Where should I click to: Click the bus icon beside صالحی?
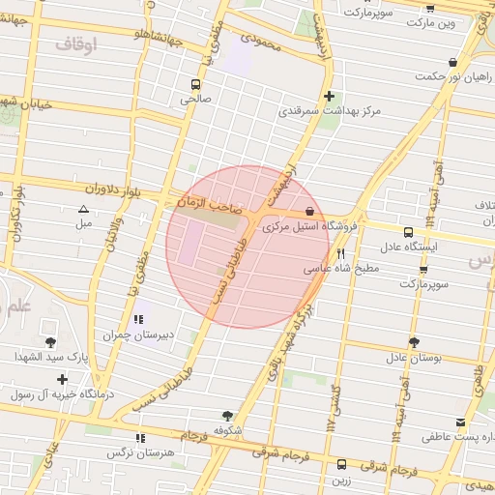click(196, 84)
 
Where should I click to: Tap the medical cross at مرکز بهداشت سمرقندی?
click(331, 96)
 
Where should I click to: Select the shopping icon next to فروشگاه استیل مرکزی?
click(309, 211)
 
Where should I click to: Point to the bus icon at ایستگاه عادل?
click(408, 232)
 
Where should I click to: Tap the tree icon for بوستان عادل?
click(414, 342)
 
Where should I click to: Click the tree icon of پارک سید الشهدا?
click(50, 342)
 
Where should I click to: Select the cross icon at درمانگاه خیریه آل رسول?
click(63, 379)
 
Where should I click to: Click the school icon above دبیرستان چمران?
click(140, 319)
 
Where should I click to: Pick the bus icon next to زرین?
click(340, 464)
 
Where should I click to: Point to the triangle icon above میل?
click(83, 209)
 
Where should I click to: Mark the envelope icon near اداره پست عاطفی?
click(460, 422)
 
